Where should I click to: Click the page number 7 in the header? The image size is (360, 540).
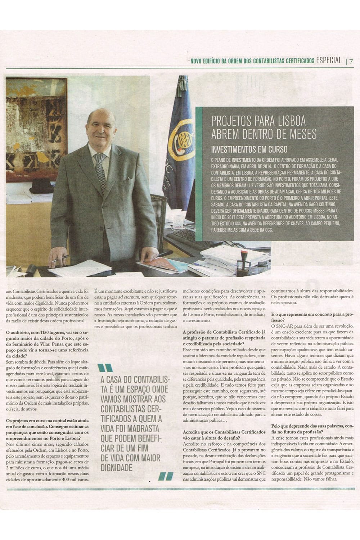click(351, 61)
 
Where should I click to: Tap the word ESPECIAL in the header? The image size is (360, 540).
click(328, 60)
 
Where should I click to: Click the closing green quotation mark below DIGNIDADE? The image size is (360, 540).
click(163, 476)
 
